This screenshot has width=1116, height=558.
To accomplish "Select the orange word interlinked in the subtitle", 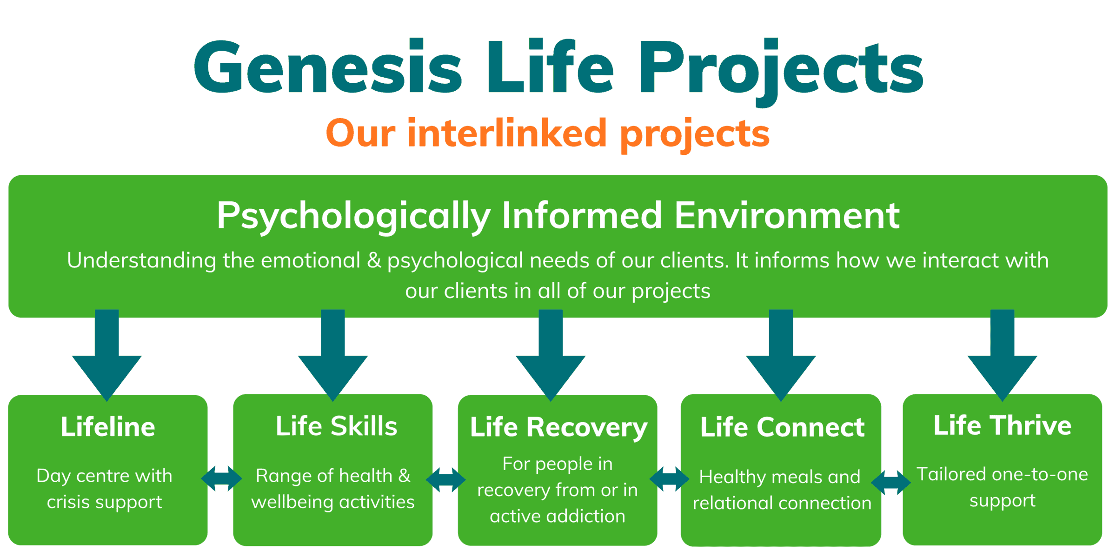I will [x=507, y=133].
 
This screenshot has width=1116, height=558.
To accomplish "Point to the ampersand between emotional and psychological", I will [x=374, y=260].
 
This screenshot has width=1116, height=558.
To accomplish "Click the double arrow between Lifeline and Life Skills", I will [x=221, y=478].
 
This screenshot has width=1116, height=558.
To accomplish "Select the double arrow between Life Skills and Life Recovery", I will [x=445, y=479].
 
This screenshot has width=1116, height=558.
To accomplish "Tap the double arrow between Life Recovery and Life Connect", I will [x=669, y=479].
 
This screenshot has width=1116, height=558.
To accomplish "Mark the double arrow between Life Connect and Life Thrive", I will [x=891, y=482].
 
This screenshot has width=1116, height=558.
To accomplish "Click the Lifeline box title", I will [x=108, y=427].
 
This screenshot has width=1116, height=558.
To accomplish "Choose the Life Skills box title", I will [x=337, y=426].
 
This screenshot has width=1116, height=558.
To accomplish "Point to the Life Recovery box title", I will [x=558, y=427].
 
